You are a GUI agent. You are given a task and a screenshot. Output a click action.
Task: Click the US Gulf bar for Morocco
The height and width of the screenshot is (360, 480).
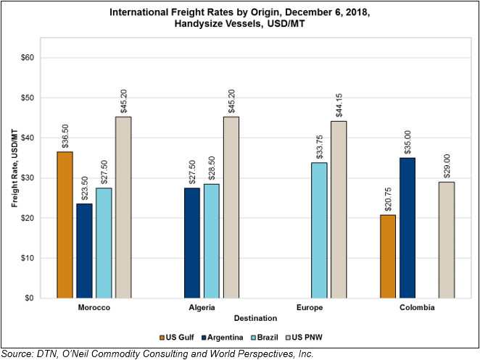point(65,225)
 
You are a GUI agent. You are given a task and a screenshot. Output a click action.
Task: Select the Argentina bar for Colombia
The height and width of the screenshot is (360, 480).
point(407,228)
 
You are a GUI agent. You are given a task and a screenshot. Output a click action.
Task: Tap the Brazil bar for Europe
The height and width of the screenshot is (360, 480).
point(319,230)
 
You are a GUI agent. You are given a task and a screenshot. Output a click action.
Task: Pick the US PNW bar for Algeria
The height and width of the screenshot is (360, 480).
point(231,207)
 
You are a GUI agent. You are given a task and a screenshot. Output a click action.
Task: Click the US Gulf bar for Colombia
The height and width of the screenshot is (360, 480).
point(388,256)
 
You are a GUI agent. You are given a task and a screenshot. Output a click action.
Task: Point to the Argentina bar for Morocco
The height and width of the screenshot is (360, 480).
point(84,251)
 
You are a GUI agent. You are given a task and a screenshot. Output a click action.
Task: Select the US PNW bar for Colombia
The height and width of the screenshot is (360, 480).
point(447,240)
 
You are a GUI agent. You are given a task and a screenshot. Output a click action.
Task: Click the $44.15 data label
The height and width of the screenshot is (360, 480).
point(339,106)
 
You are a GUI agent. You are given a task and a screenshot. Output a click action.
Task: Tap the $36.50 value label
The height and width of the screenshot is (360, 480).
point(65,136)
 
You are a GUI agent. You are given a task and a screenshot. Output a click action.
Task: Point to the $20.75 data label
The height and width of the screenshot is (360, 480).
point(388,199)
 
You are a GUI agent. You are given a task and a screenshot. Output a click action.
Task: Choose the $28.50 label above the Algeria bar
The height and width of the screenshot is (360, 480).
point(212,169)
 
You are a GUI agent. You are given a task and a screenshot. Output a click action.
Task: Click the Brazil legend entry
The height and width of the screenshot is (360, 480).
point(265,338)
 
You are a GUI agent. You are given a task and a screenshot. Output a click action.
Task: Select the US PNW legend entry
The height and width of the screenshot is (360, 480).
point(304,338)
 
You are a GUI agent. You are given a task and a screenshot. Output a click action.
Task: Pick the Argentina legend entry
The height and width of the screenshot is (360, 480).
point(223,338)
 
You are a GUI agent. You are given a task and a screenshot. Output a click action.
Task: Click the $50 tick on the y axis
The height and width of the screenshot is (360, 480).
point(28,98)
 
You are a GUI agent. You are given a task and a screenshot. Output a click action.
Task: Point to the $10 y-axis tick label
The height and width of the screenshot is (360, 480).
point(28,258)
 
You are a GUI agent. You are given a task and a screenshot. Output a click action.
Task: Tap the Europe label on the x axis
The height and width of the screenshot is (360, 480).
point(310,307)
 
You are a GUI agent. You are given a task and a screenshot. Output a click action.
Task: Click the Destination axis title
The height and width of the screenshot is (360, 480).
point(256,318)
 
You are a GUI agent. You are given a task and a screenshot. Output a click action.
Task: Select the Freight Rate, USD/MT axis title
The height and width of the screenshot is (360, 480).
point(15,168)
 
